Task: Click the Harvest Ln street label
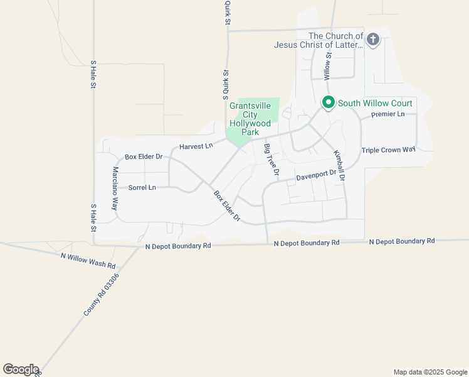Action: (x=196, y=146)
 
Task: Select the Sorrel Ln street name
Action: (x=142, y=187)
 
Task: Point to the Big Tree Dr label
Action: (x=271, y=159)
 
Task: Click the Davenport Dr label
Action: (x=317, y=177)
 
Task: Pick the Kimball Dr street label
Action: (x=339, y=165)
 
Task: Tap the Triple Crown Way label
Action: (x=389, y=150)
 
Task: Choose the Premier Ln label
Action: (x=387, y=114)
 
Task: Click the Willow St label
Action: (x=327, y=65)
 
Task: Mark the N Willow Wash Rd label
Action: (x=88, y=256)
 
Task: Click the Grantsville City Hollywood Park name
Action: (x=250, y=119)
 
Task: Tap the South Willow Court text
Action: (x=375, y=103)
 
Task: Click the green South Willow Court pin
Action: (x=327, y=102)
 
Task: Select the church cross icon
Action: (x=372, y=40)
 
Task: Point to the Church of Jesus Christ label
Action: (x=319, y=40)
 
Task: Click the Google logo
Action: (x=21, y=369)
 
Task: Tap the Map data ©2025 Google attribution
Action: (x=430, y=372)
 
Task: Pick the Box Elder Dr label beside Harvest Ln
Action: (x=144, y=156)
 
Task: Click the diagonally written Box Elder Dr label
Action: (x=227, y=206)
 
